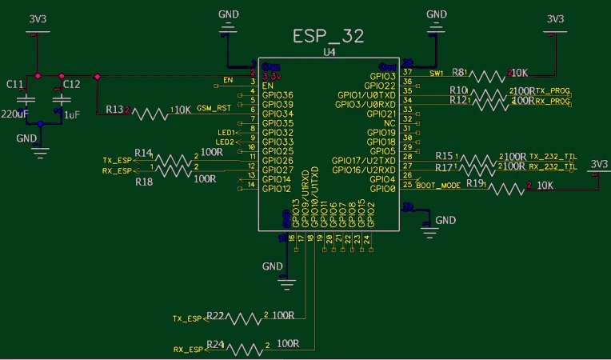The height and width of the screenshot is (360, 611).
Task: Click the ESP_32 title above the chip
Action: [329, 37]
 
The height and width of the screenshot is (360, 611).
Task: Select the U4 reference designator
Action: [329, 52]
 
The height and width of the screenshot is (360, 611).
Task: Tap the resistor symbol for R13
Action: [151, 113]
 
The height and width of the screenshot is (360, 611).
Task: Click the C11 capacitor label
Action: [14, 84]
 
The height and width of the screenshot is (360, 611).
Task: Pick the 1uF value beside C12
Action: [72, 115]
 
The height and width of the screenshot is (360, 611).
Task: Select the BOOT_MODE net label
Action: [437, 185]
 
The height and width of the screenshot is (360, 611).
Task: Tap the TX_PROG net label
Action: [553, 91]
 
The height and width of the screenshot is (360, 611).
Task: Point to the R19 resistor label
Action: [475, 183]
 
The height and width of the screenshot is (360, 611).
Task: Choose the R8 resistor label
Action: [459, 72]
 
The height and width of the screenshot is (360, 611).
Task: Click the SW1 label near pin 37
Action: [437, 73]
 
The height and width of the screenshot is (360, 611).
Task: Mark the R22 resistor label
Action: [215, 314]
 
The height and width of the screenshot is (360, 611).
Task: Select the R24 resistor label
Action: [215, 344]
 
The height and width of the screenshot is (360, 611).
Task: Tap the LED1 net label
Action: [226, 132]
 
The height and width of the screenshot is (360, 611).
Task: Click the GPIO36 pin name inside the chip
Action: [278, 95]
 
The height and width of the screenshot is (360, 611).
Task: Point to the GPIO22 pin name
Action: [380, 86]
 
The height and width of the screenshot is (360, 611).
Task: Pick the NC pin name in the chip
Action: [389, 123]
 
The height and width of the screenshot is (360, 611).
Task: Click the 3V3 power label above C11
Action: [38, 18]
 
